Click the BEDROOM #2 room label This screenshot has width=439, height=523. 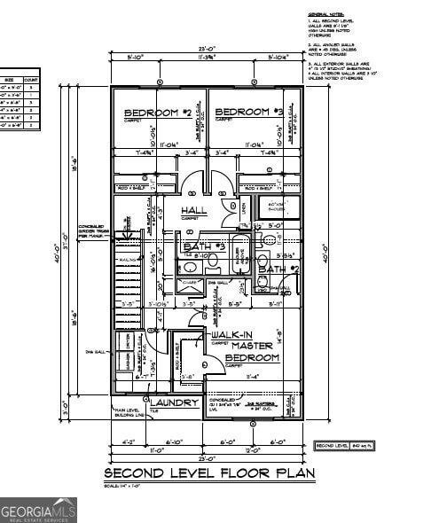click(156, 113)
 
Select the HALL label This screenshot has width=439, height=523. click(193, 210)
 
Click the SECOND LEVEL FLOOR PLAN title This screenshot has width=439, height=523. click(209, 473)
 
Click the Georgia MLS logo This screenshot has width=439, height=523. click(38, 510)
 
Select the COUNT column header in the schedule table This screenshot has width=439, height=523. click(31, 80)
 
